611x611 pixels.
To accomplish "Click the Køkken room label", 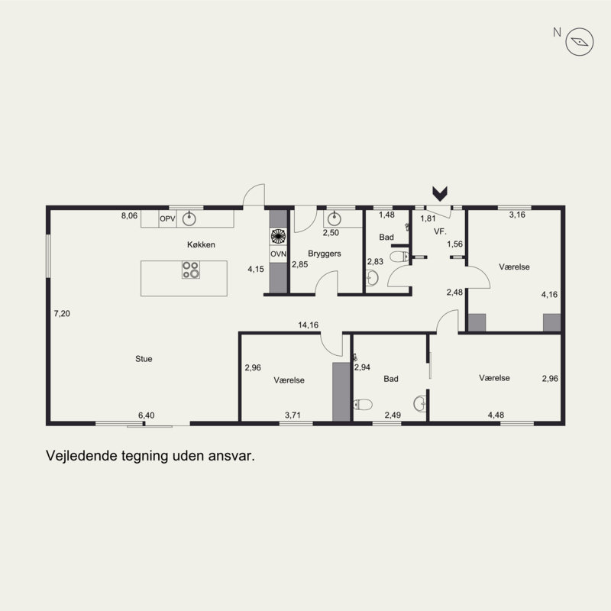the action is coord(201,244).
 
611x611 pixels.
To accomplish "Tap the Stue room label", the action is coord(144,359).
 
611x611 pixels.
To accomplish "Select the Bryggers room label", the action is coord(324,254).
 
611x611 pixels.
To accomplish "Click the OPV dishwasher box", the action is coord(167,219).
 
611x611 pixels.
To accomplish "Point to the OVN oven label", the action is coord(278,254).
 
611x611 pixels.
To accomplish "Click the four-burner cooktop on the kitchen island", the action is coord(191,270).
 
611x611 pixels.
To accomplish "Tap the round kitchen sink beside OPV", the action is coord(189,218).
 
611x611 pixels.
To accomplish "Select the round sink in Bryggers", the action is coord(334,219).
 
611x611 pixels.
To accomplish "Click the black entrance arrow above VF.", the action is coord(440,194).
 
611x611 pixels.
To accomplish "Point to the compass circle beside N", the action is coord(580,42).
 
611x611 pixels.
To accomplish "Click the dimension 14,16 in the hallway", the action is coord(309,325).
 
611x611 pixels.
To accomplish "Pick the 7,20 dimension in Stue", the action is coord(62,313).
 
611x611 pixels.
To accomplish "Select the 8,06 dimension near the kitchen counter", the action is coord(129,215).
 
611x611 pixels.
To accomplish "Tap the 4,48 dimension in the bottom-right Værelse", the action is coord(496,415).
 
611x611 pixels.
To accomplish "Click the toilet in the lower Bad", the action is coord(364,405).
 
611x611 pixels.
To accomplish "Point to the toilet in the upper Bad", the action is coord(399,257).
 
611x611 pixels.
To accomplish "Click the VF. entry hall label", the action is coord(440,231).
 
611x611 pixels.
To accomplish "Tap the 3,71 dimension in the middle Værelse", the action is coord(293,415).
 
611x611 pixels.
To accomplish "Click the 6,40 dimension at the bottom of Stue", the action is coord(146,415).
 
